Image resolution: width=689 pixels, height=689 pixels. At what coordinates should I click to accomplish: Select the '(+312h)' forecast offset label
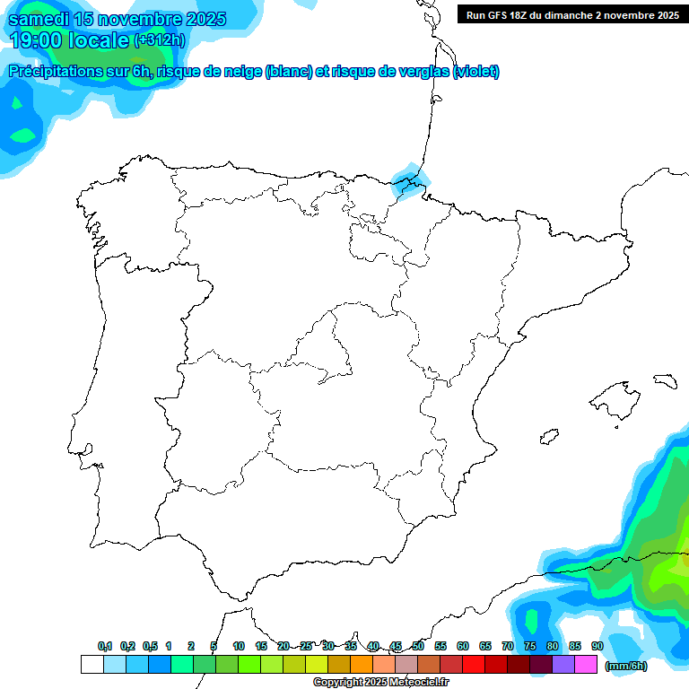pos(159,40)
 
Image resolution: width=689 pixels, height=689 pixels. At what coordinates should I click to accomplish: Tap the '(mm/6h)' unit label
pos(626,666)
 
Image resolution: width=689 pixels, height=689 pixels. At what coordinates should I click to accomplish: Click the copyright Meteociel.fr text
pos(380,683)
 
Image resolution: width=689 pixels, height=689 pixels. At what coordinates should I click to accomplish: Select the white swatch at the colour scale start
pos(92,665)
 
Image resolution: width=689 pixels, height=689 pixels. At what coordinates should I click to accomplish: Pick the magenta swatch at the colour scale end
pos(586,665)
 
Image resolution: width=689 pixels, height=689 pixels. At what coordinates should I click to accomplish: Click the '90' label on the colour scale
pos(597,646)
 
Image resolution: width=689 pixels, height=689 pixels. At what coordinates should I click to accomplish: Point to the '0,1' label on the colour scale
pos(105,646)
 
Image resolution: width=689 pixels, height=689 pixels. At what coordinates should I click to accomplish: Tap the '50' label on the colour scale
pos(418,646)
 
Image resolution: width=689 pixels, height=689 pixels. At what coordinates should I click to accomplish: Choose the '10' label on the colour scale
pos(239,646)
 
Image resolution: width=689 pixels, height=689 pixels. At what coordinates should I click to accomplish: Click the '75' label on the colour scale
pos(530,646)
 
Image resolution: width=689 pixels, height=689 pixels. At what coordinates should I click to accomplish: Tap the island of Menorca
pos(665,380)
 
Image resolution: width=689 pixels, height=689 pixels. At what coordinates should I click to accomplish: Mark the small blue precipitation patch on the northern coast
pos(410,179)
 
